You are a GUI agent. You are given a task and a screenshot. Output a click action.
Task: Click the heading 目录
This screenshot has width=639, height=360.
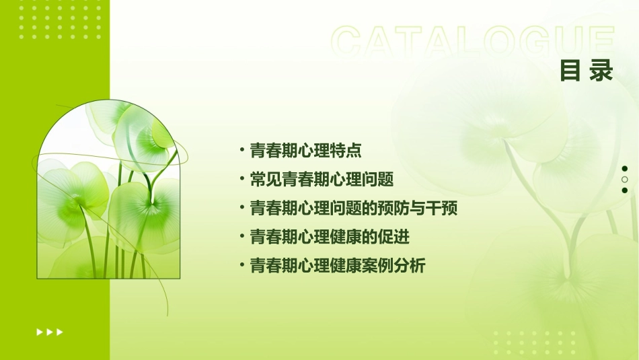coord(586,70)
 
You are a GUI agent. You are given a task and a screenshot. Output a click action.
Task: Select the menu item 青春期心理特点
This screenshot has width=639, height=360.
coord(305,151)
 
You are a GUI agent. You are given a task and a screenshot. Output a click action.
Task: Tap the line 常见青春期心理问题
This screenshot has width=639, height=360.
coord(321,180)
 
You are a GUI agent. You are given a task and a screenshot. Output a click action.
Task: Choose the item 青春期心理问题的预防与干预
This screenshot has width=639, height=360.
coord(353,209)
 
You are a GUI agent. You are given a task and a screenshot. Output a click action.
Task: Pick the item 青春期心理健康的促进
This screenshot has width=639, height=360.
coord(329,237)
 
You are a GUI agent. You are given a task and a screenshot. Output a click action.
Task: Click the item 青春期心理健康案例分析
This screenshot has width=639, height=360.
coord(337,266)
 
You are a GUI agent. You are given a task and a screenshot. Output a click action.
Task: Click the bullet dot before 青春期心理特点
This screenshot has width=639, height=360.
coord(242,149)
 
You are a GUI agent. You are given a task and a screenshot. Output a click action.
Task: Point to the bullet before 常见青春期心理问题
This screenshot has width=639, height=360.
coord(242,178)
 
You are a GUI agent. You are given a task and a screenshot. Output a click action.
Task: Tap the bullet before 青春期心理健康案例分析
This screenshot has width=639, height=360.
coord(242,264)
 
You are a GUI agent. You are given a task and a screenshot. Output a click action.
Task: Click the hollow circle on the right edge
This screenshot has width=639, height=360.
coord(624,180)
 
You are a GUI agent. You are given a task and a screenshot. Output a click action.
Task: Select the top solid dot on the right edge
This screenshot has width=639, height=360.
coord(624,169)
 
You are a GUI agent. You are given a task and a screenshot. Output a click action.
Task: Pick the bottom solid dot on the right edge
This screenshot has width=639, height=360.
coord(624,190)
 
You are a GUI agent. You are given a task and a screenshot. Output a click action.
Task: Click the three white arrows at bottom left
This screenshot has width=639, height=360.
coord(50,332)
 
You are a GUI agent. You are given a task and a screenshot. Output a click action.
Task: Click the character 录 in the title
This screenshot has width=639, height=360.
coord(601,70)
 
